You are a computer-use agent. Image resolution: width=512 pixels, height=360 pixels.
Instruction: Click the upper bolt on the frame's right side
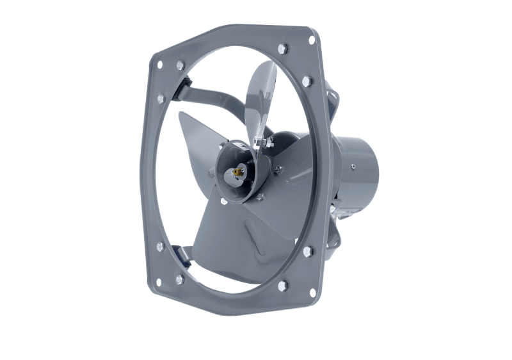(x=307, y=81)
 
